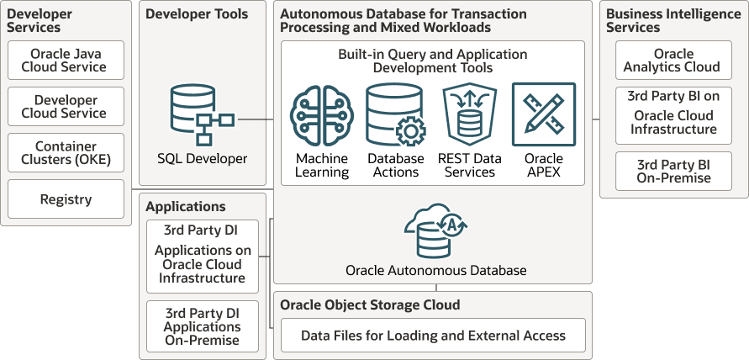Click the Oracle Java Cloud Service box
point(66,60)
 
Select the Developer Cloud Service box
point(66,106)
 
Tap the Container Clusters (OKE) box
point(66,152)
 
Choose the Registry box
point(66,199)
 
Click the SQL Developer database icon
point(202,114)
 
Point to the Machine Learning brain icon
point(322,115)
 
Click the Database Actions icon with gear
point(396,114)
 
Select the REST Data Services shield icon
point(470,115)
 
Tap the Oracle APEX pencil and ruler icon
point(544,114)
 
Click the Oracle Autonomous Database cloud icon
point(435,231)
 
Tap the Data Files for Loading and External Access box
point(433,335)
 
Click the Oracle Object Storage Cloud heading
point(370,304)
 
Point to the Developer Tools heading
point(197,13)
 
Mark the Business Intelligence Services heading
point(673,20)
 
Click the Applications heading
point(185,207)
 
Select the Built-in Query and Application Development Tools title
point(433,61)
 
